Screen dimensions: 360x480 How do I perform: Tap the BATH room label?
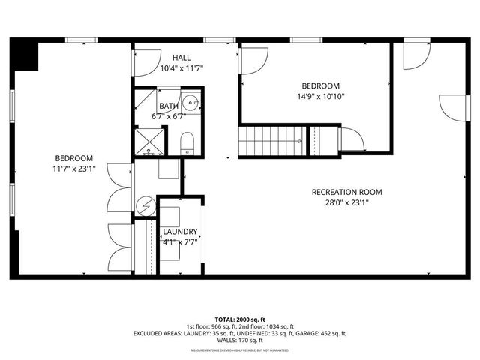169,106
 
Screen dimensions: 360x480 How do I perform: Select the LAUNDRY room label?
180,232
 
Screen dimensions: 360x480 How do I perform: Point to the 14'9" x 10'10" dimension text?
321,96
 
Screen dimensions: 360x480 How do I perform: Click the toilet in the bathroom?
187,142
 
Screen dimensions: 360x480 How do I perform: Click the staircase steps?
271,141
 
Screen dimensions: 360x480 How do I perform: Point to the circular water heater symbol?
145,205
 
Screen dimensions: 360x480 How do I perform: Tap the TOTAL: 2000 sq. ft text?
240,319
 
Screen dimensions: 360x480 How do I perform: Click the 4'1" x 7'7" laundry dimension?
180,241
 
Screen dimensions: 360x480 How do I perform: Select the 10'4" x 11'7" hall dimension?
182,68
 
